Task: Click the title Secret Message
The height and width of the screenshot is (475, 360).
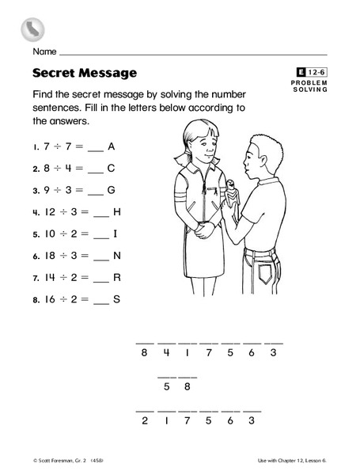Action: pyautogui.click(x=85, y=73)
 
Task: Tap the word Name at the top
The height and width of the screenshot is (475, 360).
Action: pyautogui.click(x=44, y=52)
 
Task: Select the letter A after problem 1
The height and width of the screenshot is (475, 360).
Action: pyautogui.click(x=111, y=146)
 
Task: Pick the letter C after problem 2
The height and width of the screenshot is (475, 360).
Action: pyautogui.click(x=111, y=168)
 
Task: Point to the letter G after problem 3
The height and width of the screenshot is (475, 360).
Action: pyautogui.click(x=111, y=190)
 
